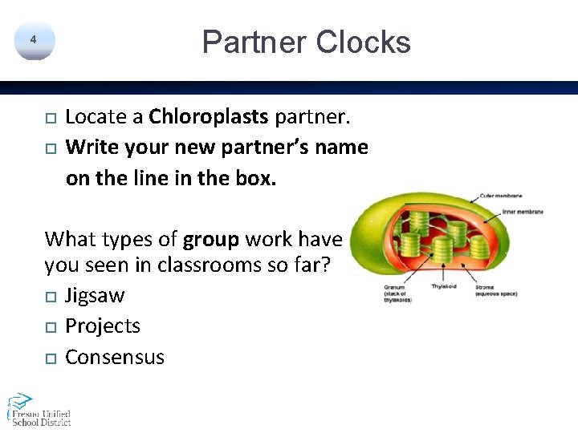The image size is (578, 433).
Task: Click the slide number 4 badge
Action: pos(34,40)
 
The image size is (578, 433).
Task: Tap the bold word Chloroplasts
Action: pos(209,117)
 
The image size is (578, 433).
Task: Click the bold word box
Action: pos(257,178)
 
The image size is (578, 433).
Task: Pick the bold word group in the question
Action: pos(211,239)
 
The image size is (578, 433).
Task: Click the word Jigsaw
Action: pos(95,296)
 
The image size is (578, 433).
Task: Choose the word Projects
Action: pos(103,326)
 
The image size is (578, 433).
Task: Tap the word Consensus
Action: pos(115,357)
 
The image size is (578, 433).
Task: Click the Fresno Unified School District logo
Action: pos(39,409)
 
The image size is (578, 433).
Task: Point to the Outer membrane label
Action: pos(501,196)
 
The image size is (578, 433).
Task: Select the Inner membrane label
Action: pos(523,212)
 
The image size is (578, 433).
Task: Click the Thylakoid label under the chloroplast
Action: pos(444,286)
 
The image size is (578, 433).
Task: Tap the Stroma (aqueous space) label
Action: pos(495,289)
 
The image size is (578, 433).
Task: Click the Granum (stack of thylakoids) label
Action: pos(398,292)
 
